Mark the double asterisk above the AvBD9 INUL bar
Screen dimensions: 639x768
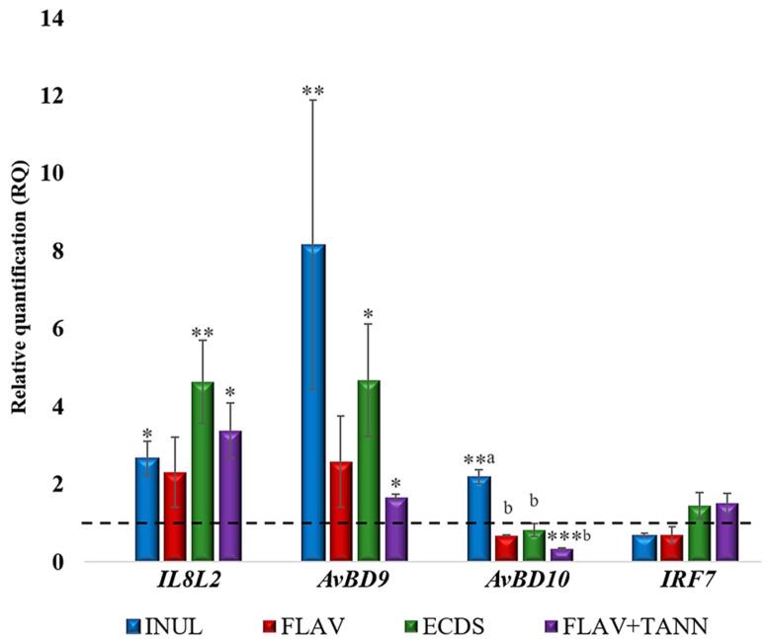(312, 92)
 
